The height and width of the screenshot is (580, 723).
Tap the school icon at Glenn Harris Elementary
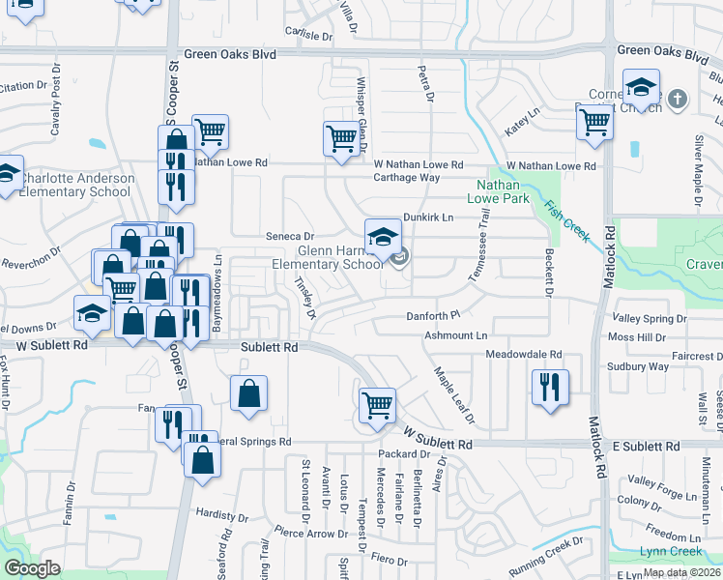pos(383,236)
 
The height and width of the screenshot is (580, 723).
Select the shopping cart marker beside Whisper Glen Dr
pos(341,138)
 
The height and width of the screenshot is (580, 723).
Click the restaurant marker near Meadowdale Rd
pos(550,387)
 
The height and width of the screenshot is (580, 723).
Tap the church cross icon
pos(678,99)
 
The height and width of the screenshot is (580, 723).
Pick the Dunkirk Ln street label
pos(428,218)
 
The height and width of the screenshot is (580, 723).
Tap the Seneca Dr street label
pos(291,236)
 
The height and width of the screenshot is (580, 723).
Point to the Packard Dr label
pos(396,453)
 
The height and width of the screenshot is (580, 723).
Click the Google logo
pos(32,567)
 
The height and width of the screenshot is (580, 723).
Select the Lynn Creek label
pos(671,551)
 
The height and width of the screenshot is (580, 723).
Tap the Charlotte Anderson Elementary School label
pos(68,185)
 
